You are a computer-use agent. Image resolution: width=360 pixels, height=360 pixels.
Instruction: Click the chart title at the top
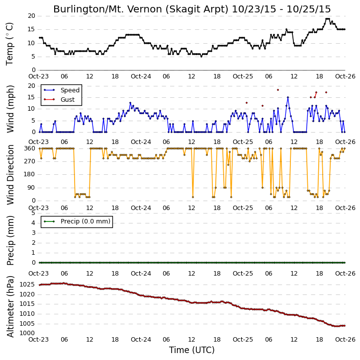click(x=192, y=9)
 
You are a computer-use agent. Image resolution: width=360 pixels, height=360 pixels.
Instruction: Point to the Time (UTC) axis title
click(x=192, y=350)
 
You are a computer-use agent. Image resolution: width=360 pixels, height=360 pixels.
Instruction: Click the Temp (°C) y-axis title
click(x=9, y=44)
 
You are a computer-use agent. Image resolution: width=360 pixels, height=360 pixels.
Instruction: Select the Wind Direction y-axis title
click(x=10, y=175)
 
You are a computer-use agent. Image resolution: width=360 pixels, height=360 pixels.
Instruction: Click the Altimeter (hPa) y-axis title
click(x=10, y=306)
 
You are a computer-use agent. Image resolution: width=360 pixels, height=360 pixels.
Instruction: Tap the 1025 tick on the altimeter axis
click(x=27, y=285)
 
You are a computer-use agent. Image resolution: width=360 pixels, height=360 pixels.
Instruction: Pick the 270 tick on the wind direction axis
click(x=30, y=161)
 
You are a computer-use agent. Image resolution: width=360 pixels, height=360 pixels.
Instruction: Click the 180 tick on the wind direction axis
click(x=30, y=174)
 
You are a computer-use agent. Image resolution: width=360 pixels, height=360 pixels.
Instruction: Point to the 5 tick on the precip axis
click(x=33, y=213)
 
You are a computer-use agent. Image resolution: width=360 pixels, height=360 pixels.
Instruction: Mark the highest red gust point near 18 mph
click(x=278, y=90)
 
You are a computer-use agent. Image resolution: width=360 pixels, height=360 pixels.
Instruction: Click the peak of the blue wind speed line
click(x=288, y=97)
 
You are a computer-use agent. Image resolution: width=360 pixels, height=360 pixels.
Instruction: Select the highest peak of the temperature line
click(x=328, y=19)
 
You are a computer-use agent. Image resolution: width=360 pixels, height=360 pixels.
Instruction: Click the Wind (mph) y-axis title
click(x=10, y=109)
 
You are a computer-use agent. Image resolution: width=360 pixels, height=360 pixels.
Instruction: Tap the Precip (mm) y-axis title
click(x=10, y=241)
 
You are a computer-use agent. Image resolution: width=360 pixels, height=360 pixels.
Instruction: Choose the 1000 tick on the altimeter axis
click(x=27, y=333)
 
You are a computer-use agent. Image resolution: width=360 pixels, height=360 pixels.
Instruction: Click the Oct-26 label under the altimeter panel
click(x=345, y=340)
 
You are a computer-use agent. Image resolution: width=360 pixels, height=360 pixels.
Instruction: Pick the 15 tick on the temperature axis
click(x=31, y=29)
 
